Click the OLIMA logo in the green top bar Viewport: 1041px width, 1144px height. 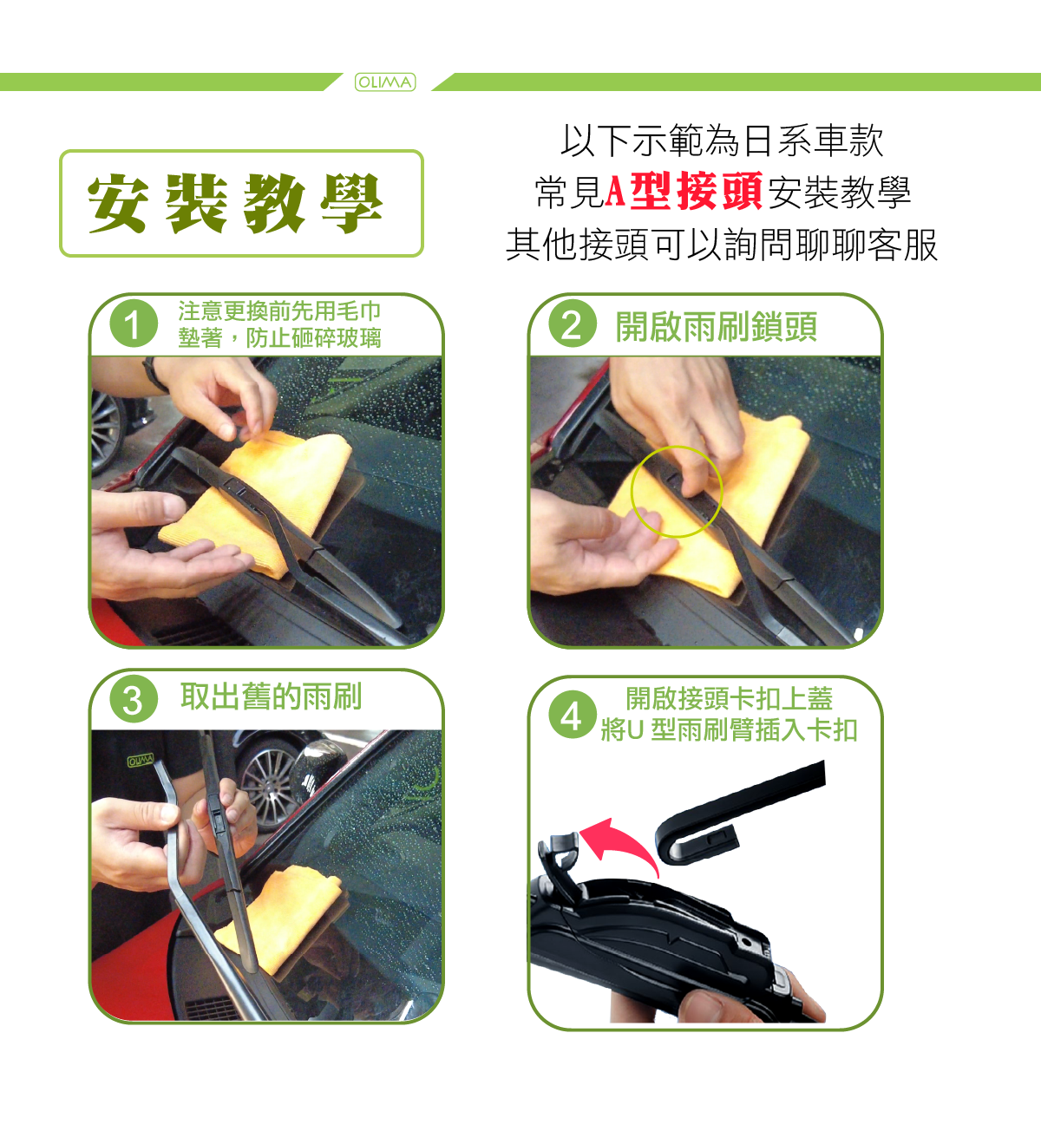click(x=385, y=82)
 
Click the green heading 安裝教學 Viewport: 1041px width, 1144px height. click(x=235, y=203)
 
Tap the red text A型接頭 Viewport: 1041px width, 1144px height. click(x=683, y=191)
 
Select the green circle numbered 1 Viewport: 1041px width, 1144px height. click(x=134, y=324)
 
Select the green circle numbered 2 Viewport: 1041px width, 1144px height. click(x=573, y=324)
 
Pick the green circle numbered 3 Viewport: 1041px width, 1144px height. click(x=134, y=698)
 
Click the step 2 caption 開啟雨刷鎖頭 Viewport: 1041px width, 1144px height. click(x=717, y=327)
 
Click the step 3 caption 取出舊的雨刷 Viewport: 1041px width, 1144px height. click(x=271, y=696)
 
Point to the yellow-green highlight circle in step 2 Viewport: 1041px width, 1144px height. click(x=677, y=447)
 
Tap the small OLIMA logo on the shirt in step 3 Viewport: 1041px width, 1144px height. click(x=141, y=760)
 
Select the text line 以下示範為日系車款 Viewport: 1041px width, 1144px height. click(x=722, y=141)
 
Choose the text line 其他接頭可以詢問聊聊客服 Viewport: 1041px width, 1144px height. click(x=722, y=245)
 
